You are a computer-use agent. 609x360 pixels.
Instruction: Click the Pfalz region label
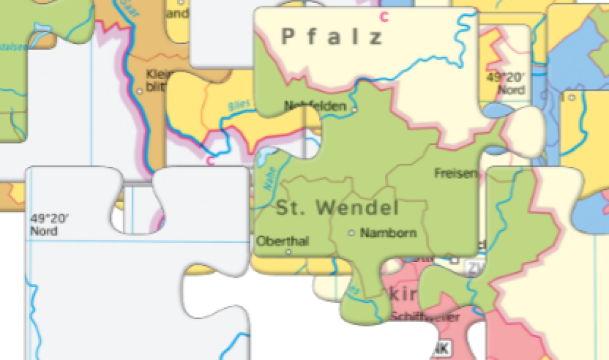pyautogui.click(x=333, y=37)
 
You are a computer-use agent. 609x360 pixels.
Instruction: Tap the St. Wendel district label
pyautogui.click(x=338, y=208)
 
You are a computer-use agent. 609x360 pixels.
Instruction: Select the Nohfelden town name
pyautogui.click(x=315, y=106)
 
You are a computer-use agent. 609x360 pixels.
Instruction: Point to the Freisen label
pyautogui.click(x=456, y=174)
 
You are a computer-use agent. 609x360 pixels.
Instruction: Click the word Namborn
pyautogui.click(x=389, y=233)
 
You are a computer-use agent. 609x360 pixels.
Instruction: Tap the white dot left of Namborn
pyautogui.click(x=351, y=233)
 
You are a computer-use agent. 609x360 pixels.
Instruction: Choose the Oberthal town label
pyautogui.click(x=283, y=241)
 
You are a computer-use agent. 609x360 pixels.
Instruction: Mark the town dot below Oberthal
pyautogui.click(x=288, y=252)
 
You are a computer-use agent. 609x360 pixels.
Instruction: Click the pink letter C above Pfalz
pyautogui.click(x=384, y=16)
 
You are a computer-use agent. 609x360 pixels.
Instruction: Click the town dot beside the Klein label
pyautogui.click(x=140, y=91)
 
